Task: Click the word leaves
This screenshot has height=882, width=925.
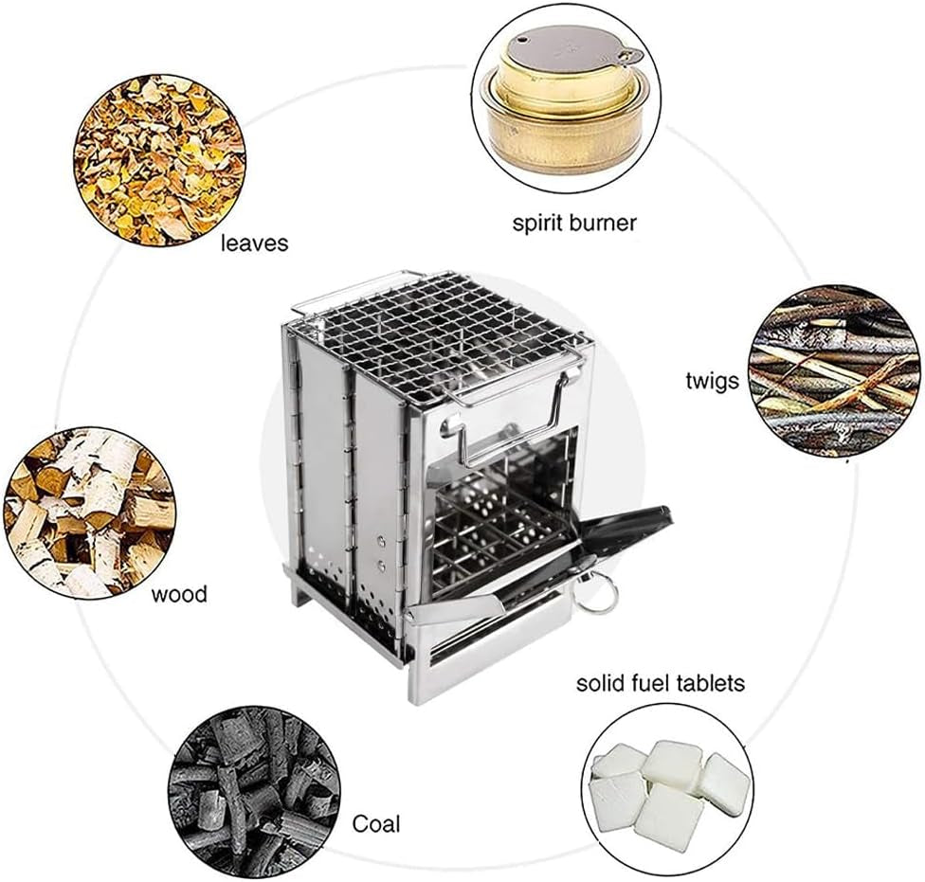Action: (x=254, y=243)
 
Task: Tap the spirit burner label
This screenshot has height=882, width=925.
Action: (x=574, y=224)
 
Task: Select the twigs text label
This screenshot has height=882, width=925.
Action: (x=712, y=382)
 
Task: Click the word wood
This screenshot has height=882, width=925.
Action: (x=179, y=594)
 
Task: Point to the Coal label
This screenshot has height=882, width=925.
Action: (x=376, y=823)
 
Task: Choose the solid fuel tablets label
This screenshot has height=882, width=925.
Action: (x=661, y=682)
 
